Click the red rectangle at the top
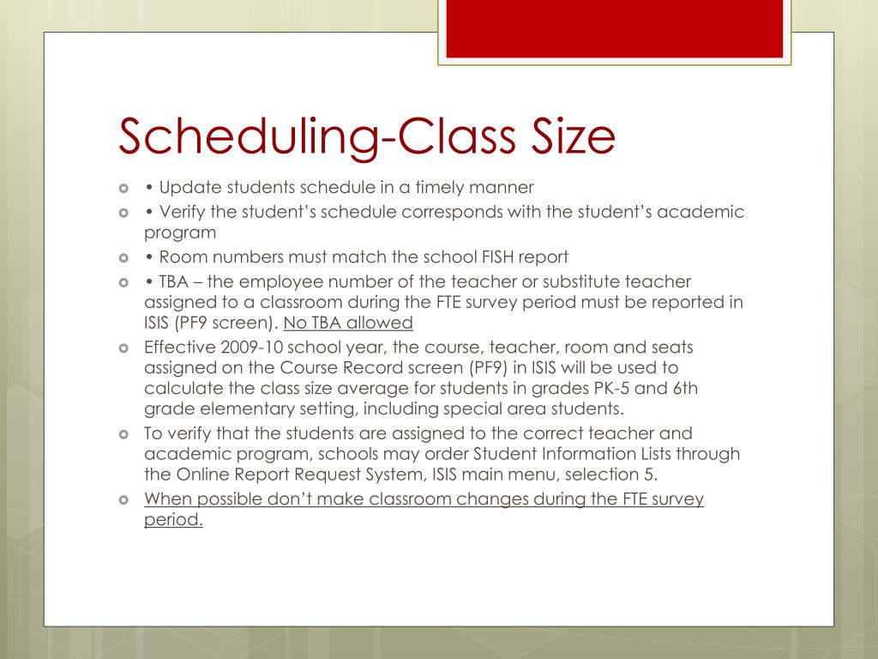point(615,28)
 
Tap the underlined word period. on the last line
point(173,521)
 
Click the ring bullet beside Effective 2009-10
point(124,348)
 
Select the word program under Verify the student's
point(180,233)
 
